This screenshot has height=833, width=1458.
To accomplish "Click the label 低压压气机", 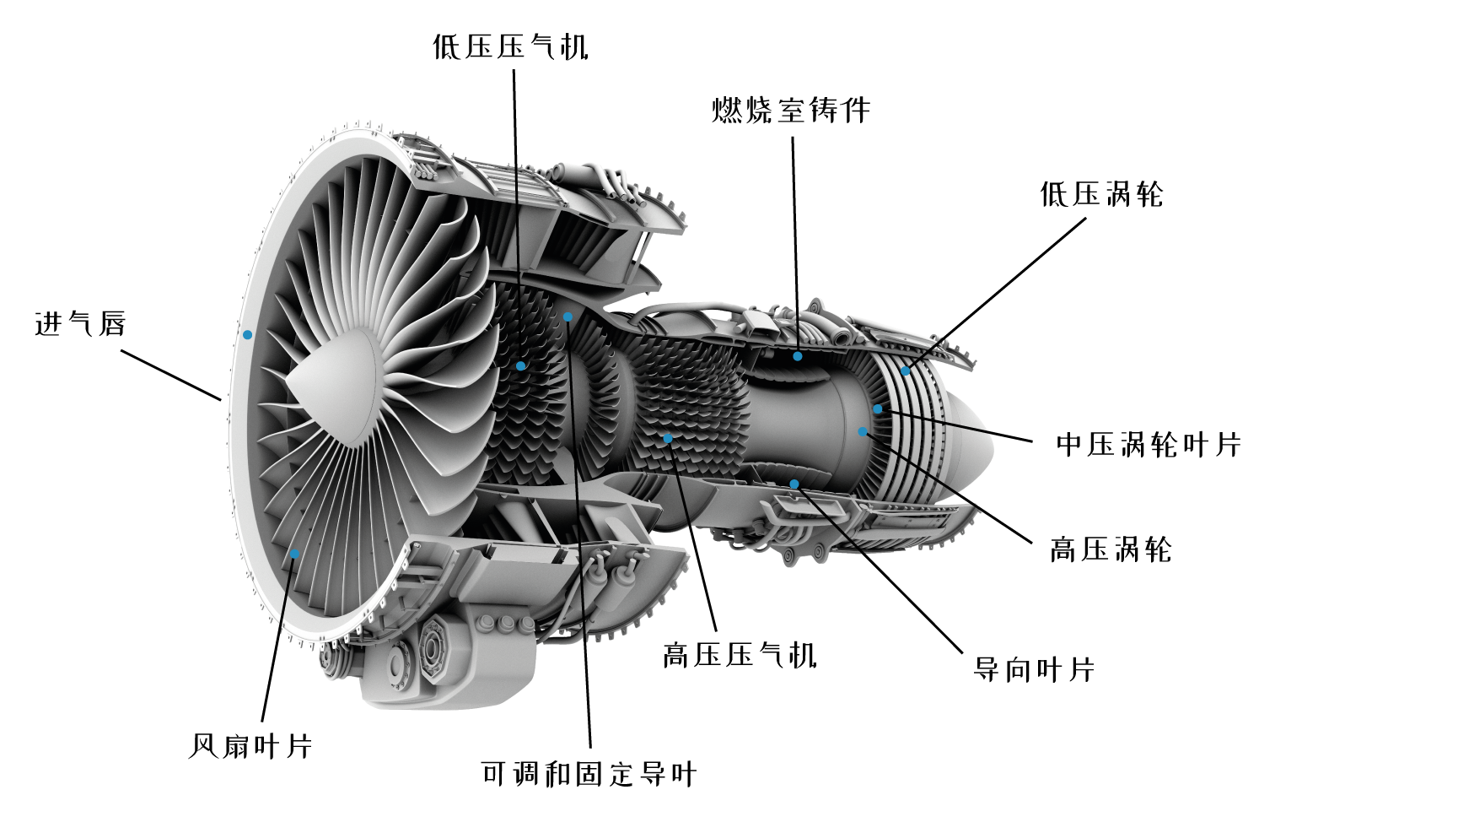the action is pos(510,46).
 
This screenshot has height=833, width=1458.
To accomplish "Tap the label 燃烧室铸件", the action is pos(791,110).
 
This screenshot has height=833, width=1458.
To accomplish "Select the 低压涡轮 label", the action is pos(1101,194).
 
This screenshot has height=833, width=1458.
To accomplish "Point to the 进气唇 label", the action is pos(80,323).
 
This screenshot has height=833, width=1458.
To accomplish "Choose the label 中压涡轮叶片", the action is pos(1149,444).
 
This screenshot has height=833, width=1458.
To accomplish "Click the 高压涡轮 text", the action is pos(1111,549).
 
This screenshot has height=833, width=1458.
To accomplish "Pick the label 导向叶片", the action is pos(1034,669).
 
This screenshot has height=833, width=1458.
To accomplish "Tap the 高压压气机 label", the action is pos(740,655).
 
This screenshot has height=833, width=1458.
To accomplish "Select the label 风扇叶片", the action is pos(250,746).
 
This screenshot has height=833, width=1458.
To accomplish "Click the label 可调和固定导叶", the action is pos(589,773).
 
